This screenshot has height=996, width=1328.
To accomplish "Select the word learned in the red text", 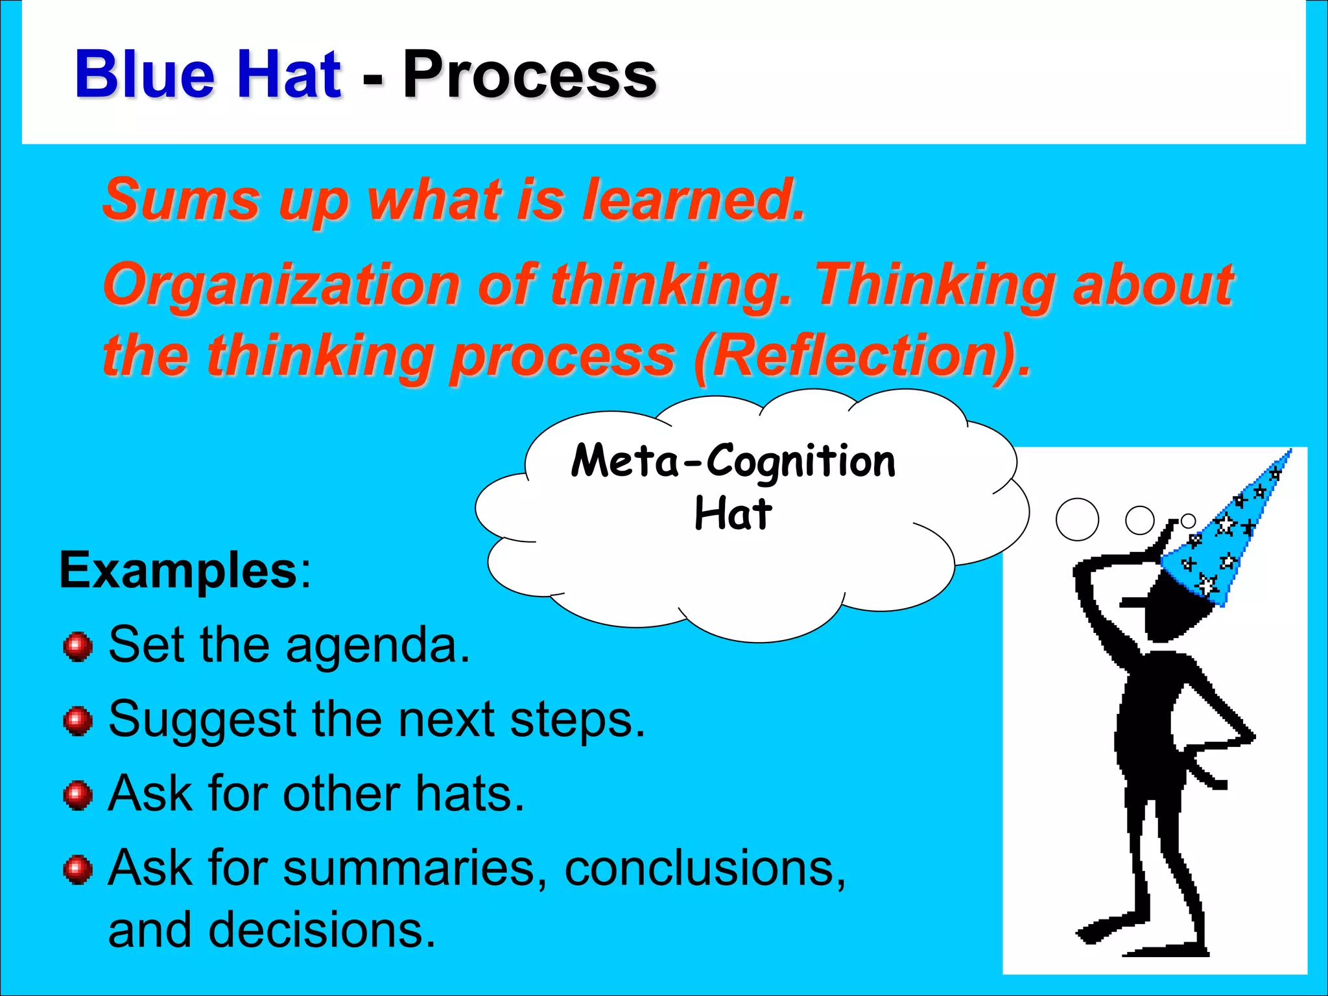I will (x=692, y=199).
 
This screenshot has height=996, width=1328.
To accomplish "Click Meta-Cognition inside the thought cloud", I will (x=733, y=461).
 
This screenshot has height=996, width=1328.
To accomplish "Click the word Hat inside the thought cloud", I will (x=733, y=514).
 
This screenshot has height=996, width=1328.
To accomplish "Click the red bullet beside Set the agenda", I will (x=78, y=646).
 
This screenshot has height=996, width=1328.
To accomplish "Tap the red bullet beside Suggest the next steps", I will (x=78, y=721).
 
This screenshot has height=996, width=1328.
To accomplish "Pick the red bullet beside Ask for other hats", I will (x=78, y=796).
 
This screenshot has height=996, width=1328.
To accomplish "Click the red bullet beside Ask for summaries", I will (x=78, y=870).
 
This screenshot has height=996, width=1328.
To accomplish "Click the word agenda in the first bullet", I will (x=376, y=646).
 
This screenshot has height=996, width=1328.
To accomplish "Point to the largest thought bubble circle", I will (x=1077, y=519).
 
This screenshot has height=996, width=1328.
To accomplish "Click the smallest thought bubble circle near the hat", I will (x=1187, y=521).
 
